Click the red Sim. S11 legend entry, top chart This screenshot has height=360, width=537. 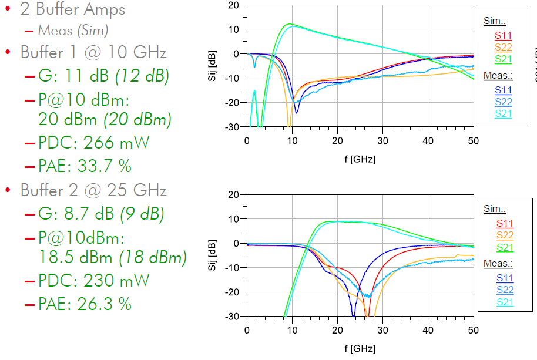[504, 35]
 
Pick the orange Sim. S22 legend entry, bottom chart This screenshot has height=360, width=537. [504, 235]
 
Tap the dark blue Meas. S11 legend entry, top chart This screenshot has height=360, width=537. [504, 90]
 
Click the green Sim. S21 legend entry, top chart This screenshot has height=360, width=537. [504, 59]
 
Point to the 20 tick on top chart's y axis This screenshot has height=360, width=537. [233, 5]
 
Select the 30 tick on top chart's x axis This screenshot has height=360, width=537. [382, 141]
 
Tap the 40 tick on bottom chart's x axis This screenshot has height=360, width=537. [428, 330]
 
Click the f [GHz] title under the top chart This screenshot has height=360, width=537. [360, 159]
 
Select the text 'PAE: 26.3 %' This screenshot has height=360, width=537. [85, 304]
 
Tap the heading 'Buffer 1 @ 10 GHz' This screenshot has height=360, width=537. [93, 52]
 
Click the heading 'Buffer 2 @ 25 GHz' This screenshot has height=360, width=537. [93, 190]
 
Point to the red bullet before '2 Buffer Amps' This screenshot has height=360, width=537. [8, 10]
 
